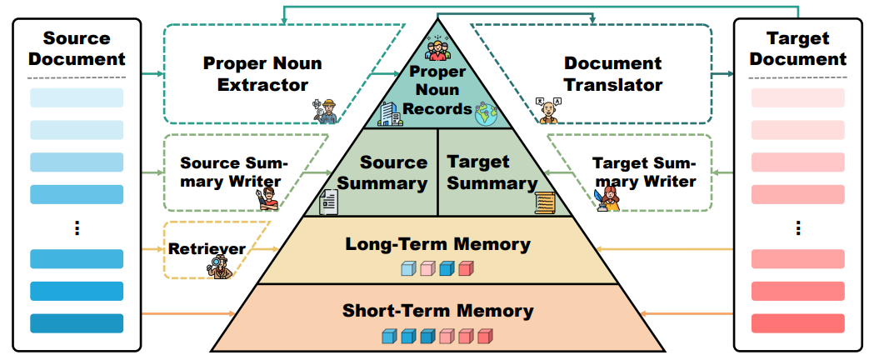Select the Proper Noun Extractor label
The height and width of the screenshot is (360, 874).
[262, 74]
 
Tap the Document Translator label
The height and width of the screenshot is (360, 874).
[613, 74]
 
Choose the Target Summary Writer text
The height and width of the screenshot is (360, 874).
[643, 172]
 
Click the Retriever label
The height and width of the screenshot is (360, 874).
[207, 248]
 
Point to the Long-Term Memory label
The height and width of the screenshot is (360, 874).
[437, 244]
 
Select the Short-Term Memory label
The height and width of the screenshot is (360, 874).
[437, 311]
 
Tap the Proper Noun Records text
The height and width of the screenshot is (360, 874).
[437, 89]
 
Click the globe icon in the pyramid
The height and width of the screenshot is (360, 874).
[485, 114]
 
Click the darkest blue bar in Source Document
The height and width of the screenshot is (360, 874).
[77, 323]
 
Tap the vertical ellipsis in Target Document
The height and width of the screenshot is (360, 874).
[797, 227]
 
